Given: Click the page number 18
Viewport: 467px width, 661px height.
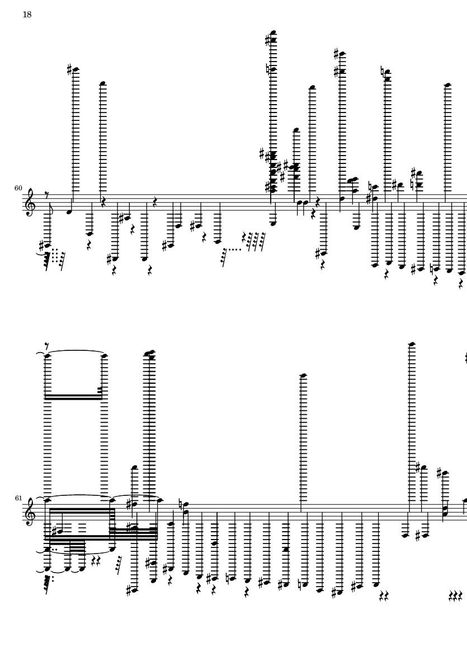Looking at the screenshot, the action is (x=27, y=15).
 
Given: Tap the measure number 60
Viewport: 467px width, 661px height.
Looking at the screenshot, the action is (x=18, y=188).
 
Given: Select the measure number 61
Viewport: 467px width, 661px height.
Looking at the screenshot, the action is (x=18, y=498).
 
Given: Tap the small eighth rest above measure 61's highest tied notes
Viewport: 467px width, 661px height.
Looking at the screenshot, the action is (x=47, y=346).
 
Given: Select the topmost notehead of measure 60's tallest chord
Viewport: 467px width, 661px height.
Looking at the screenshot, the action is (x=273, y=32).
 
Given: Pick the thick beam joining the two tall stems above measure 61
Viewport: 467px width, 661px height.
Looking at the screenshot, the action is (x=74, y=397).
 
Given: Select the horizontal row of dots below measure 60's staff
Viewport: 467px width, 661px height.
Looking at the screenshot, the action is (x=234, y=250).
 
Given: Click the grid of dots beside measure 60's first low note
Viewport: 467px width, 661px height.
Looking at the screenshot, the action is (x=55, y=255).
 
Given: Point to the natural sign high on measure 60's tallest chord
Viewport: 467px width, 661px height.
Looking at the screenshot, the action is (x=268, y=69).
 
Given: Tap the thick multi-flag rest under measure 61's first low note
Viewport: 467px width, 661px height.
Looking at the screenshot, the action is (x=48, y=584).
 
